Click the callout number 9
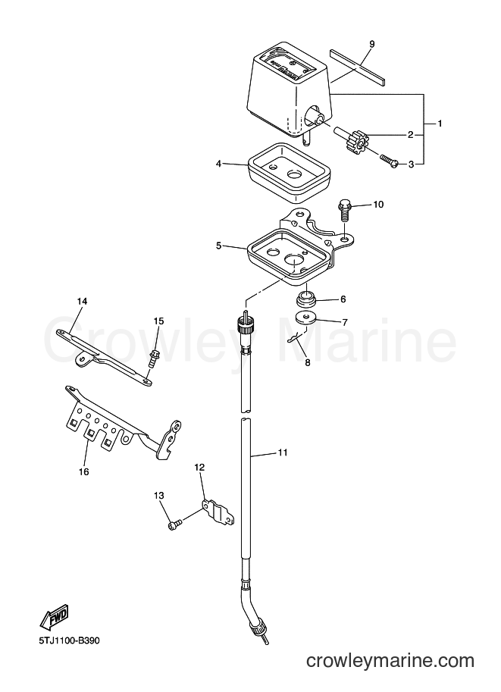(x=371, y=44)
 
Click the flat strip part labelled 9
(x=358, y=67)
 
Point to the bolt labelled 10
(x=345, y=211)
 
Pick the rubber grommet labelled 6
(x=306, y=299)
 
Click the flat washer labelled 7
(x=305, y=318)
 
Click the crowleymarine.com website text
(x=390, y=661)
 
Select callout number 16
(x=83, y=471)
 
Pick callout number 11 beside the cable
(x=283, y=452)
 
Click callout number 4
(x=218, y=164)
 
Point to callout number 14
(x=82, y=302)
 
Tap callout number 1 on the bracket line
(x=440, y=124)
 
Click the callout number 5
(x=218, y=246)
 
